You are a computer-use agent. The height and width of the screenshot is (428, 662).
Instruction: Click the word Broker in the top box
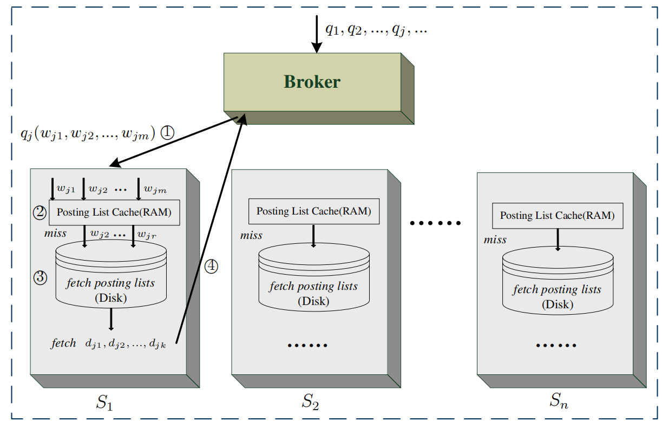click(312, 82)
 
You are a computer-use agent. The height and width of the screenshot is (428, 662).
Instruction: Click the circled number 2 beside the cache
click(40, 212)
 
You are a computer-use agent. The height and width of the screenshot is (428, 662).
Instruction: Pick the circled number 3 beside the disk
click(40, 277)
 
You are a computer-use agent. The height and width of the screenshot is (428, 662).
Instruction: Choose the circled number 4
click(212, 266)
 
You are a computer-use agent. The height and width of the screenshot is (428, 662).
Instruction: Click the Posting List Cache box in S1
click(114, 212)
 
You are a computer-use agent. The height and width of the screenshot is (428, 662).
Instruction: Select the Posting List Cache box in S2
click(314, 211)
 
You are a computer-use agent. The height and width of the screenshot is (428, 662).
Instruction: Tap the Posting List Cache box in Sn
click(557, 216)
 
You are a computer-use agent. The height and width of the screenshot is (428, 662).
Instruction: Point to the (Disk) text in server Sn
click(558, 304)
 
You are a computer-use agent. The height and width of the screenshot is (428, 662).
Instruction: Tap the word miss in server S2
click(251, 236)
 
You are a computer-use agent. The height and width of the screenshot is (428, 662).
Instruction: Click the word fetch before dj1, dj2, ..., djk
click(63, 343)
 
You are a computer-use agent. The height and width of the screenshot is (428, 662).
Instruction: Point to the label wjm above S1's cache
click(155, 190)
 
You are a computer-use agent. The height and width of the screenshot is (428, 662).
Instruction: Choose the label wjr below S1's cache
click(147, 235)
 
